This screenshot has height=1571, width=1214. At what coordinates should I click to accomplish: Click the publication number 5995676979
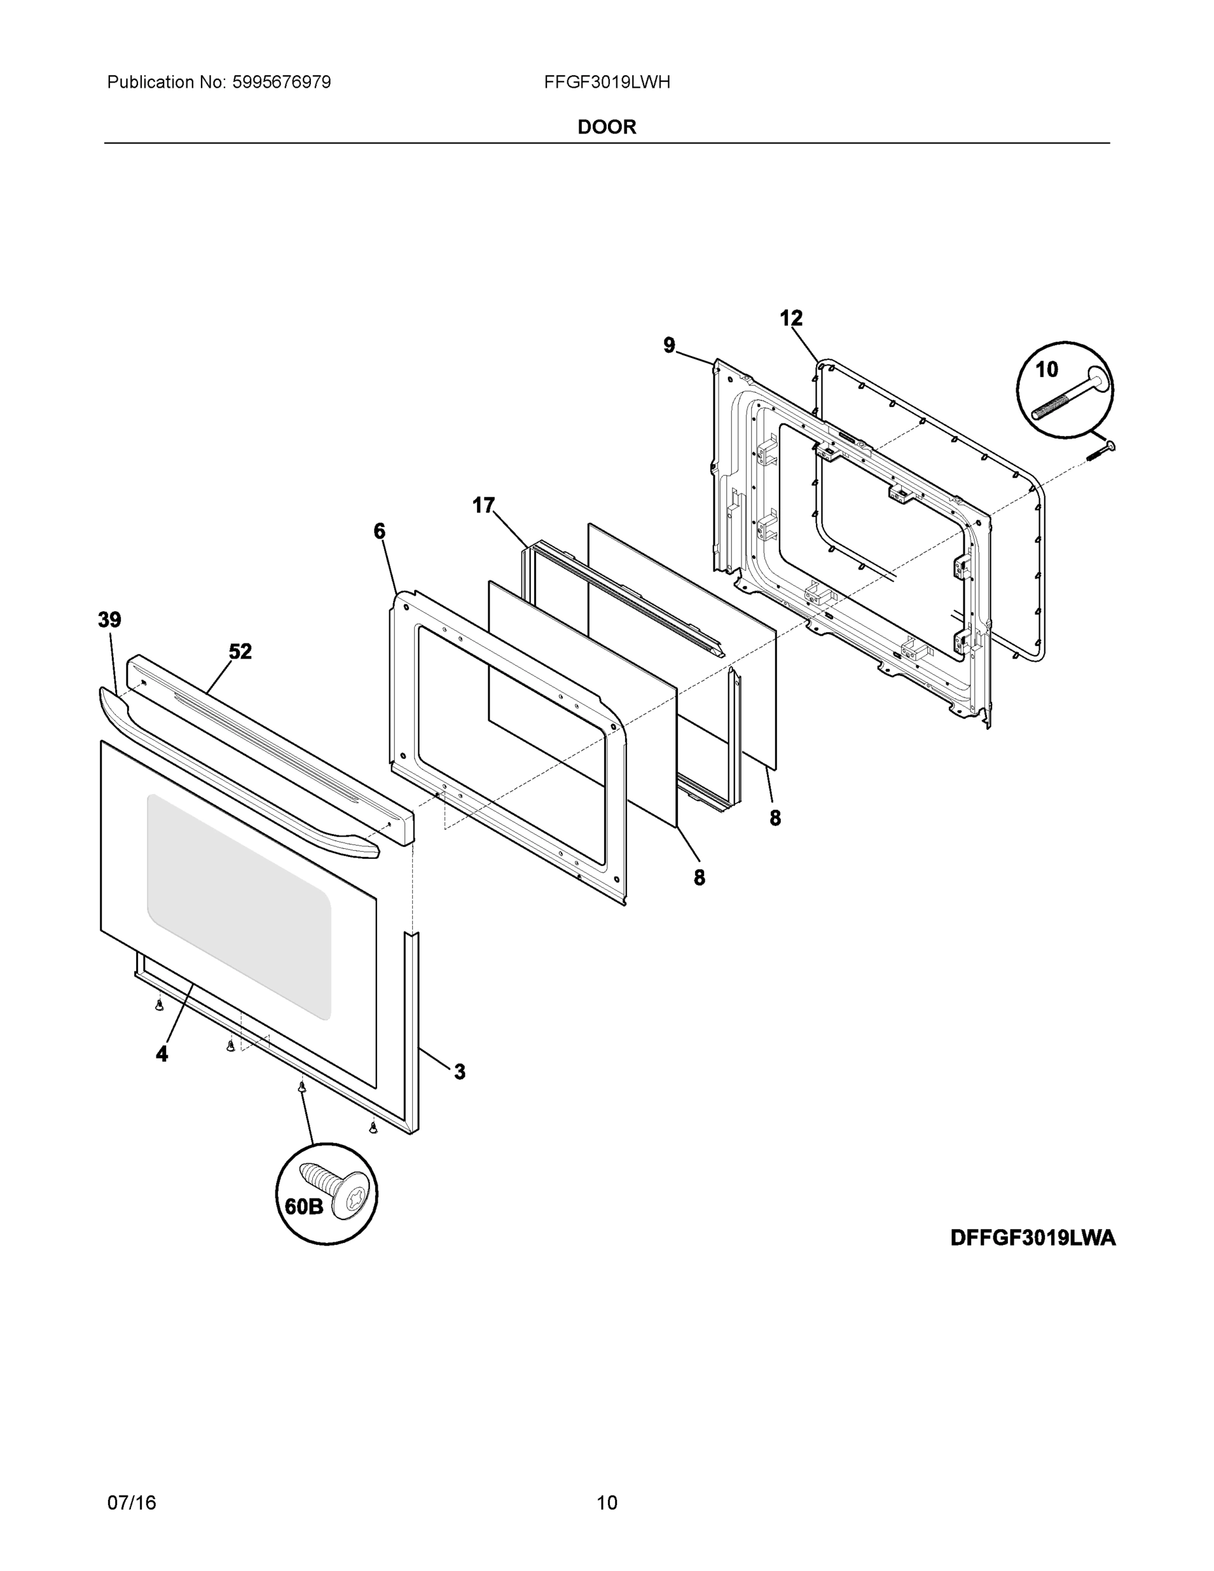point(281,82)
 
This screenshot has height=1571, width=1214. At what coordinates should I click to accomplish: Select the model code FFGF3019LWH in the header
point(607,82)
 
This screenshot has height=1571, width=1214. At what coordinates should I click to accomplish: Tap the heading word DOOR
point(607,128)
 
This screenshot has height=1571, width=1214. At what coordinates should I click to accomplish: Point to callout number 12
point(791,318)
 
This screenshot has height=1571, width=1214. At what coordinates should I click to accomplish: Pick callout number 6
point(379,532)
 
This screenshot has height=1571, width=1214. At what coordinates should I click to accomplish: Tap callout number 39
point(109,620)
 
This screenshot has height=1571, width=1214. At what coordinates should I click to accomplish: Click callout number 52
point(240,652)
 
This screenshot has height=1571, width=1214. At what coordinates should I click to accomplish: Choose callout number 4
point(162,1055)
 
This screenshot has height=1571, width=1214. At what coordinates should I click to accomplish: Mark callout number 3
point(459,1072)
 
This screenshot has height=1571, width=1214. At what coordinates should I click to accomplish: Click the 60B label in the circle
point(304,1206)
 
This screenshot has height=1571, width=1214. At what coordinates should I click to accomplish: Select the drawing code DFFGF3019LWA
point(1033,1238)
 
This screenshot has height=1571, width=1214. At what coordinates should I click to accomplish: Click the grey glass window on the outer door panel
point(239,907)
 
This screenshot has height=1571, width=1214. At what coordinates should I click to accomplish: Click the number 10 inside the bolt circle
point(1046,370)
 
